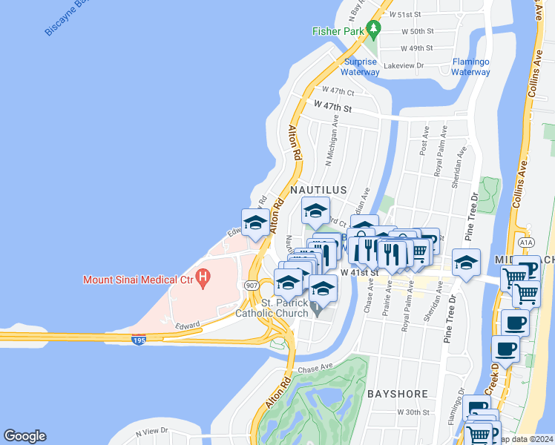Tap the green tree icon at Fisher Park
[375, 30]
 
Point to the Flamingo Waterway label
[471, 67]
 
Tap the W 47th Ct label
[335, 93]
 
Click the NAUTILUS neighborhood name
[318, 190]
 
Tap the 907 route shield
[251, 285]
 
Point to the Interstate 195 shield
[139, 339]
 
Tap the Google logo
[24, 436]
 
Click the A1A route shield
[524, 241]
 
